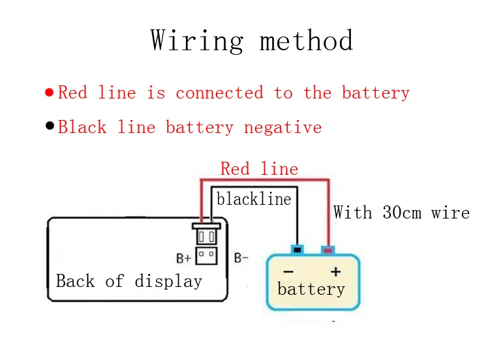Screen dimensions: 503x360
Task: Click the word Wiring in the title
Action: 197,40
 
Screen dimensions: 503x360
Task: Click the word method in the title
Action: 307,40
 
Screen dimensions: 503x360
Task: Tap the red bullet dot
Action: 49,93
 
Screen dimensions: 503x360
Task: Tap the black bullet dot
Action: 50,126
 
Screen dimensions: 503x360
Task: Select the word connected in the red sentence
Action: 219,93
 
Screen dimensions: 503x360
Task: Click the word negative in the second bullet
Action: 282,127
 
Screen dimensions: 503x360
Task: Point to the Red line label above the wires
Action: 259,169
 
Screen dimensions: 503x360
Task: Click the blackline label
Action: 254,199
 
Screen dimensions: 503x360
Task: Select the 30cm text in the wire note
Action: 402,212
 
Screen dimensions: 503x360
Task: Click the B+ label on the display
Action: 183,258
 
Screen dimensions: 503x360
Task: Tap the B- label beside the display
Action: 241,258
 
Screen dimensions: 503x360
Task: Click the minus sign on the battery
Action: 288,272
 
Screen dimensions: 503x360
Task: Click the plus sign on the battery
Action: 336,272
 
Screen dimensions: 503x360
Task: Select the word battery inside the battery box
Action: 311,289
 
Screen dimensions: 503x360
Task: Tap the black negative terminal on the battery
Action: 297,249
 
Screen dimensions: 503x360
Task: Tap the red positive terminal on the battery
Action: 328,250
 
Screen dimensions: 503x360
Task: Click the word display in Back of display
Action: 168,281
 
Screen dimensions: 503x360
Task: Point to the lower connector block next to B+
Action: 206,256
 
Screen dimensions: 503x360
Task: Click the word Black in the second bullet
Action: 82,127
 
